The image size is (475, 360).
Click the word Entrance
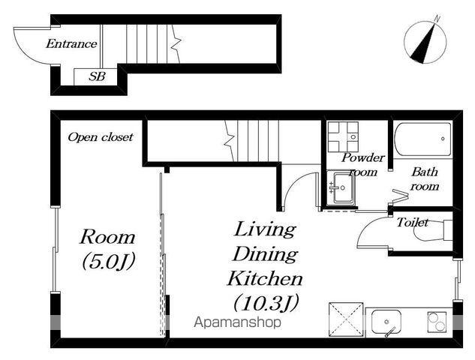(x=71, y=44)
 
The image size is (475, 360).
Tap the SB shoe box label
(x=97, y=76)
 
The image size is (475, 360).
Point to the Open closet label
(x=101, y=137)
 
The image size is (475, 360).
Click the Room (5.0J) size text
(x=107, y=249)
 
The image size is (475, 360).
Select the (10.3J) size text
(x=266, y=302)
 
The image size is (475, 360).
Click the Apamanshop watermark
(x=237, y=322)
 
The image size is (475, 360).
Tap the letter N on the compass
(x=437, y=19)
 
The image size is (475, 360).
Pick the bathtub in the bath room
(x=422, y=139)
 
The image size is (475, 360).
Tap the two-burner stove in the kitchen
(x=437, y=322)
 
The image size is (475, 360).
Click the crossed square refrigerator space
(x=346, y=319)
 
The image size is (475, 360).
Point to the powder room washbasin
(x=341, y=187)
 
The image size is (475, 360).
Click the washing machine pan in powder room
(x=343, y=136)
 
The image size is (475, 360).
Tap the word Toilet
(x=413, y=223)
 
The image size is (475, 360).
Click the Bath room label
(x=424, y=179)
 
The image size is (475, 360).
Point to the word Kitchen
(x=266, y=278)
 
